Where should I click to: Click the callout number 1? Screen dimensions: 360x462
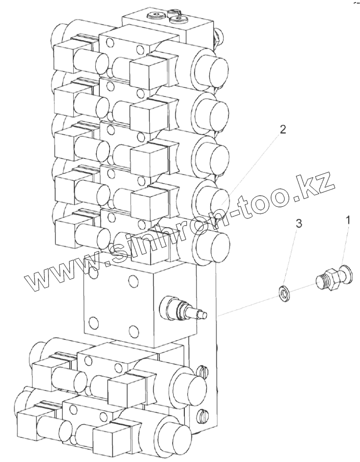point(348,220)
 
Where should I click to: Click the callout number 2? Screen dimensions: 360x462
point(283,129)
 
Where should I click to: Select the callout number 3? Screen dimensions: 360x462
point(299,224)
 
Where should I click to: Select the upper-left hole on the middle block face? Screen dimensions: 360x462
point(94,273)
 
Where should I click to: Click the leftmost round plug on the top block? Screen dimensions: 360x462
point(154,16)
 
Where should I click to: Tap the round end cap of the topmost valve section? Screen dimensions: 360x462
point(209,67)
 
